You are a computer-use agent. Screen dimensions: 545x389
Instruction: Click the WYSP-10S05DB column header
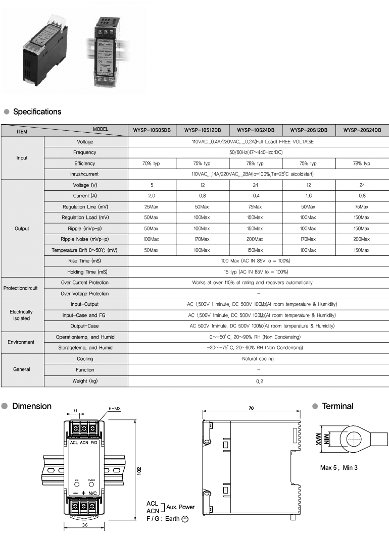coord(152,130)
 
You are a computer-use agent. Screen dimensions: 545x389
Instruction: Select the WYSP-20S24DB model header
coord(362,130)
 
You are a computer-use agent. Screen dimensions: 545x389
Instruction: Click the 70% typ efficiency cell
coord(152,163)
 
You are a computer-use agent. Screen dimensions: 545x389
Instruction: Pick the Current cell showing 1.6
coord(308,196)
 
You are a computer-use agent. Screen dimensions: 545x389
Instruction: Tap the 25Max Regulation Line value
coord(152,207)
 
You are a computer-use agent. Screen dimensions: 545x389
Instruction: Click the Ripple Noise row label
coord(85,239)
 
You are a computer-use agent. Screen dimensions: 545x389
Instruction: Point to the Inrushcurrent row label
coord(85,175)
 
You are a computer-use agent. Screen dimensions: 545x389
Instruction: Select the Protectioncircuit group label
coord(22,288)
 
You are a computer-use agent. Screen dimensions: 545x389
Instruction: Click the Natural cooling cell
coord(258,359)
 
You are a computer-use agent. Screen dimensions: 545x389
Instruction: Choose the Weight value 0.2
coord(258,381)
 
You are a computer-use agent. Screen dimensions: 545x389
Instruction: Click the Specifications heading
coord(37,112)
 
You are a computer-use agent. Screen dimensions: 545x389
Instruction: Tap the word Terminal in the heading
coord(337,406)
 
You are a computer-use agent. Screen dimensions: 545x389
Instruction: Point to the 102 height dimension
coord(139,470)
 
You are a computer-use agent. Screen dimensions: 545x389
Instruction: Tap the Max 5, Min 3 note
coord(338,468)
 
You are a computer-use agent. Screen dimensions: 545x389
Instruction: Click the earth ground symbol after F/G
coord(185,519)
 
